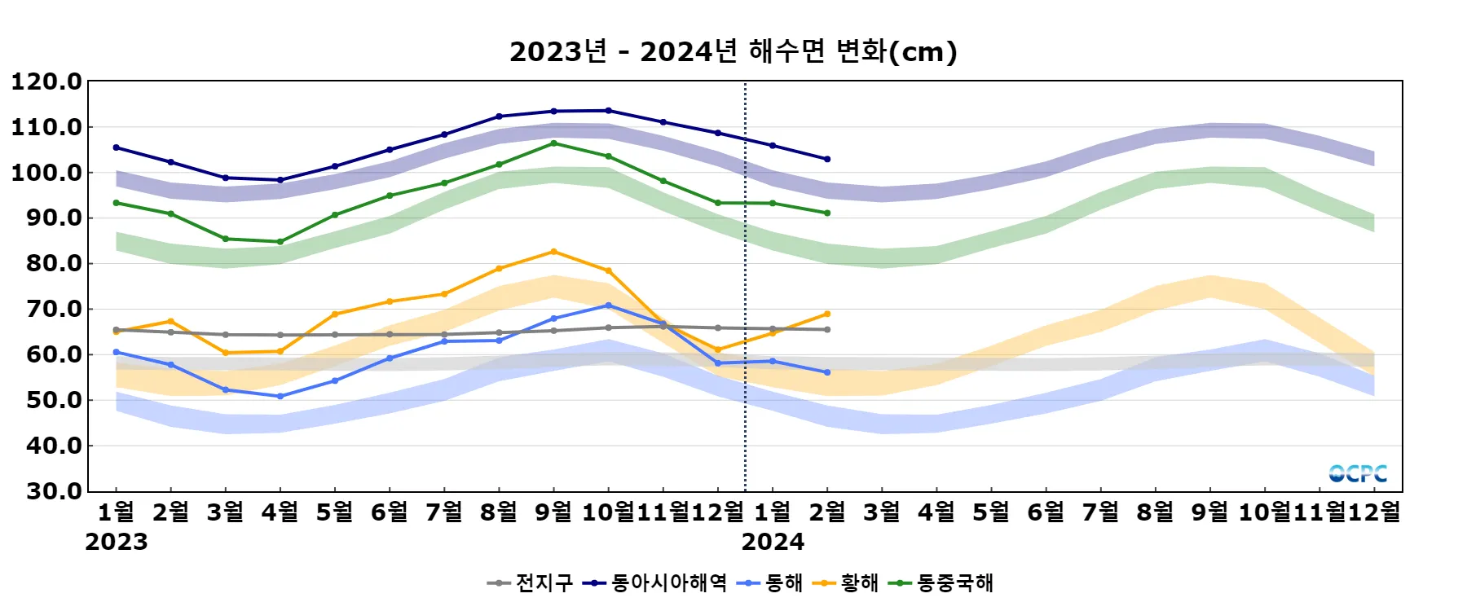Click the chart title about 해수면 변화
click(x=733, y=51)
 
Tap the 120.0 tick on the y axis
click(x=46, y=81)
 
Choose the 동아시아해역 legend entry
click(x=655, y=582)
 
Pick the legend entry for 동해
click(x=770, y=582)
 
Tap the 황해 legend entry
click(x=848, y=582)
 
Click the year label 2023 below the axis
click(x=117, y=542)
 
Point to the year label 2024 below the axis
click(x=773, y=542)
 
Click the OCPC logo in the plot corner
click(x=1358, y=473)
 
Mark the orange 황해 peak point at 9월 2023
click(x=553, y=252)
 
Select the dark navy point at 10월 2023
click(x=608, y=111)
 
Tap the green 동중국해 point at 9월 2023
click(x=553, y=143)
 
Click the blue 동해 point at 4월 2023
click(x=280, y=397)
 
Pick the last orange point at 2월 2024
click(x=827, y=314)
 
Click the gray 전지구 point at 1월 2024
click(x=773, y=329)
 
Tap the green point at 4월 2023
click(x=280, y=242)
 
